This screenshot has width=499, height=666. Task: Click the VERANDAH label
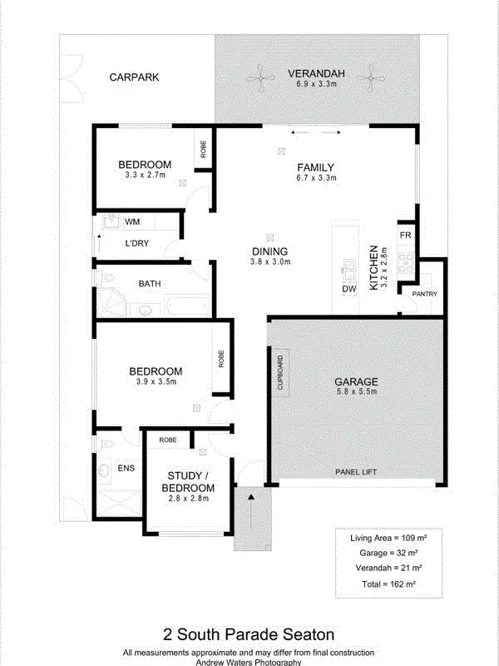315,72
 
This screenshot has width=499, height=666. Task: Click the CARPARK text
134,77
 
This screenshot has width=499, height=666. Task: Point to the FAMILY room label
315,167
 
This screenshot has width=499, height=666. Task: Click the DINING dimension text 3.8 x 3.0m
269,262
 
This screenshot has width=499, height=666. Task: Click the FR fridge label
405,236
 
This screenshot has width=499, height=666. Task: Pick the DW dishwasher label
348,289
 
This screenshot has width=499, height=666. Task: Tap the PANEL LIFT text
356,472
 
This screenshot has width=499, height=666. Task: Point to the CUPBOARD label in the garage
280,373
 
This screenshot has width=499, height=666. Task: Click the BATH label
150,284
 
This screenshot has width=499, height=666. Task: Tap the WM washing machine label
132,222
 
